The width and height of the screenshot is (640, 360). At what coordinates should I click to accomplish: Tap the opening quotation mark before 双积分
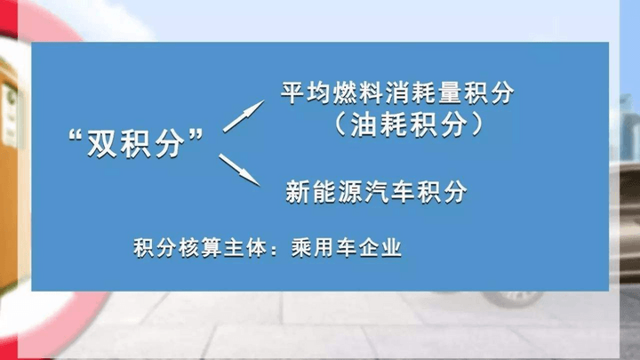(75, 136)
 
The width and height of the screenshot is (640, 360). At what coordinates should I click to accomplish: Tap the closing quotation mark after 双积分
(196, 135)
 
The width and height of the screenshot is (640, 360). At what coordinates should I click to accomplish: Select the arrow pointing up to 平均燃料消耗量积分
(244, 116)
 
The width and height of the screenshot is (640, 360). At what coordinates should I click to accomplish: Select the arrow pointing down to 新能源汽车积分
(240, 170)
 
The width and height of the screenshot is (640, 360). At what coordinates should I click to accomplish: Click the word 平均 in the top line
(306, 93)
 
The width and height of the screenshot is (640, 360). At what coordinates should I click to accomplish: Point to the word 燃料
(358, 93)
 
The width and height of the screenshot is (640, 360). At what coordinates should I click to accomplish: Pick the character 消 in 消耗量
(397, 93)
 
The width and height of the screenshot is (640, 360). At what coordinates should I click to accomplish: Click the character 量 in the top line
(450, 93)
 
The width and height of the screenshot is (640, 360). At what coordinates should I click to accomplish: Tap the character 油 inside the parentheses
(364, 124)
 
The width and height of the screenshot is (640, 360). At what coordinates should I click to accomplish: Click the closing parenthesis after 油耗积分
(476, 124)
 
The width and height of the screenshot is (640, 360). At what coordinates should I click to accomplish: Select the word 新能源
(324, 191)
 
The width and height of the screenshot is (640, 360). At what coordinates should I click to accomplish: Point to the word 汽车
(389, 191)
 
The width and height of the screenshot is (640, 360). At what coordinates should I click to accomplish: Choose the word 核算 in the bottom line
(200, 247)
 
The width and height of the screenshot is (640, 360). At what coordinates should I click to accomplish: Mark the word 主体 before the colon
(245, 247)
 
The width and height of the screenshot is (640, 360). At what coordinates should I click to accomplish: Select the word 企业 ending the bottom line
(380, 247)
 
